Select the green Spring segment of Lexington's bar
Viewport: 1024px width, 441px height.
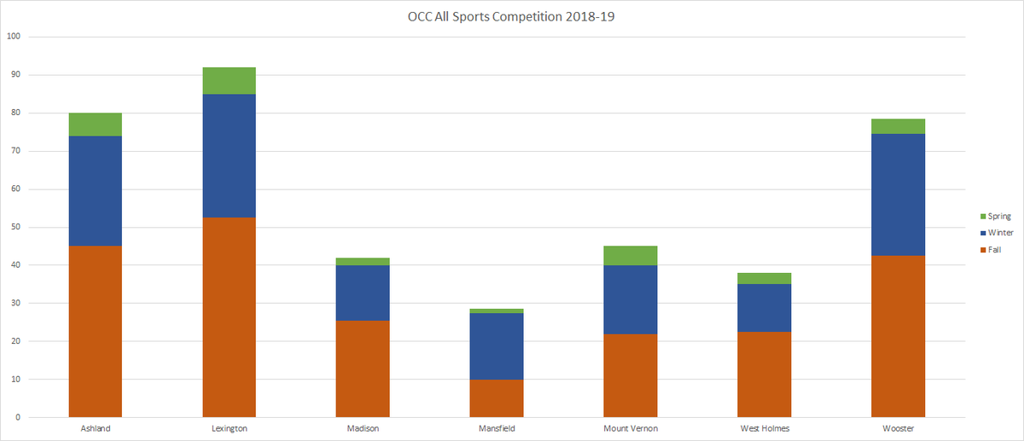pyautogui.click(x=229, y=80)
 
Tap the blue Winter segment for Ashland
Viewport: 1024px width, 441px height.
pyautogui.click(x=95, y=191)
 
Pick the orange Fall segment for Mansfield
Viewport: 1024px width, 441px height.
pyautogui.click(x=497, y=398)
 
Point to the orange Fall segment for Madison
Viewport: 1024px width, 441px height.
pyautogui.click(x=363, y=368)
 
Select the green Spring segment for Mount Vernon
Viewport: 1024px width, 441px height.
pyautogui.click(x=631, y=255)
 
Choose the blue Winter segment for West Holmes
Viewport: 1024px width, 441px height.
pyautogui.click(x=765, y=308)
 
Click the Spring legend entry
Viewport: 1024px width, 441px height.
pyautogui.click(x=995, y=217)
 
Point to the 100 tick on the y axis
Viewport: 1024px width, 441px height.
pyautogui.click(x=14, y=37)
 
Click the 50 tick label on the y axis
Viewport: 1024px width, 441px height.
pyautogui.click(x=15, y=228)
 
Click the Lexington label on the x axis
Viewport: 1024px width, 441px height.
pyautogui.click(x=229, y=429)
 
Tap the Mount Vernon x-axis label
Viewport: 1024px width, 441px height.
pyautogui.click(x=631, y=429)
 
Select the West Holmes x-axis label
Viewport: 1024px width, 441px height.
pyautogui.click(x=765, y=429)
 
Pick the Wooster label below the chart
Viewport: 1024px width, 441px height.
pyautogui.click(x=898, y=429)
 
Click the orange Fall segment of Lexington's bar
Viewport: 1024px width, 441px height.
pyautogui.click(x=229, y=317)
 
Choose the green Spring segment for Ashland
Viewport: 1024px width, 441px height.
pyautogui.click(x=95, y=125)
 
